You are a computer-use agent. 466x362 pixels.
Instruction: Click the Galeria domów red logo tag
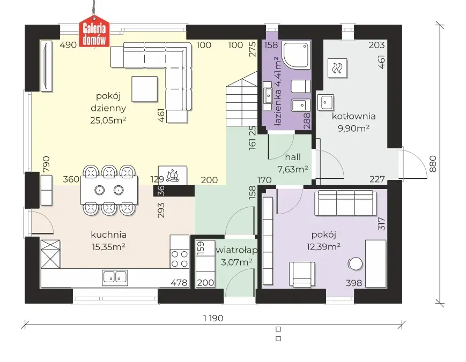click(94, 34)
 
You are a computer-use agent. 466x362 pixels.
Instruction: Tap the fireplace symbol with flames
click(173, 175)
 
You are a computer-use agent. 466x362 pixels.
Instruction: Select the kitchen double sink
click(115, 277)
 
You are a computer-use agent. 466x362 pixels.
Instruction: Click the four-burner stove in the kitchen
click(180, 259)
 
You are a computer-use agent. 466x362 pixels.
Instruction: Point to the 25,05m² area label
click(108, 120)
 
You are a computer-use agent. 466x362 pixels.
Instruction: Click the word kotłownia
click(354, 116)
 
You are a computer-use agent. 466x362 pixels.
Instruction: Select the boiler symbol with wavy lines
click(337, 68)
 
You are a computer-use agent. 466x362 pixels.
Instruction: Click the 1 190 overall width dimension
click(213, 318)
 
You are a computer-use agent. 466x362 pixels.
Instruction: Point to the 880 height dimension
click(432, 164)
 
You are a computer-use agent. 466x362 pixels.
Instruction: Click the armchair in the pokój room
click(302, 274)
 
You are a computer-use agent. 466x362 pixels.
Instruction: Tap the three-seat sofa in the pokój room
click(345, 203)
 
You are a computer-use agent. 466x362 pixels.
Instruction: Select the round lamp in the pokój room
click(355, 263)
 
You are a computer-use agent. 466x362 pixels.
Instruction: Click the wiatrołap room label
click(236, 251)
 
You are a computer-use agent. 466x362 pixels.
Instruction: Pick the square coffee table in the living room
click(145, 89)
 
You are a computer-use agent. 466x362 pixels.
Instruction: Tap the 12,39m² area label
click(323, 247)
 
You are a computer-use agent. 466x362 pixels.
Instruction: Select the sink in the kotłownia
click(326, 102)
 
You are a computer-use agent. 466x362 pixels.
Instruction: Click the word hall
click(293, 157)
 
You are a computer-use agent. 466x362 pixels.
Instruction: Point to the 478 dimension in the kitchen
click(179, 283)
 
